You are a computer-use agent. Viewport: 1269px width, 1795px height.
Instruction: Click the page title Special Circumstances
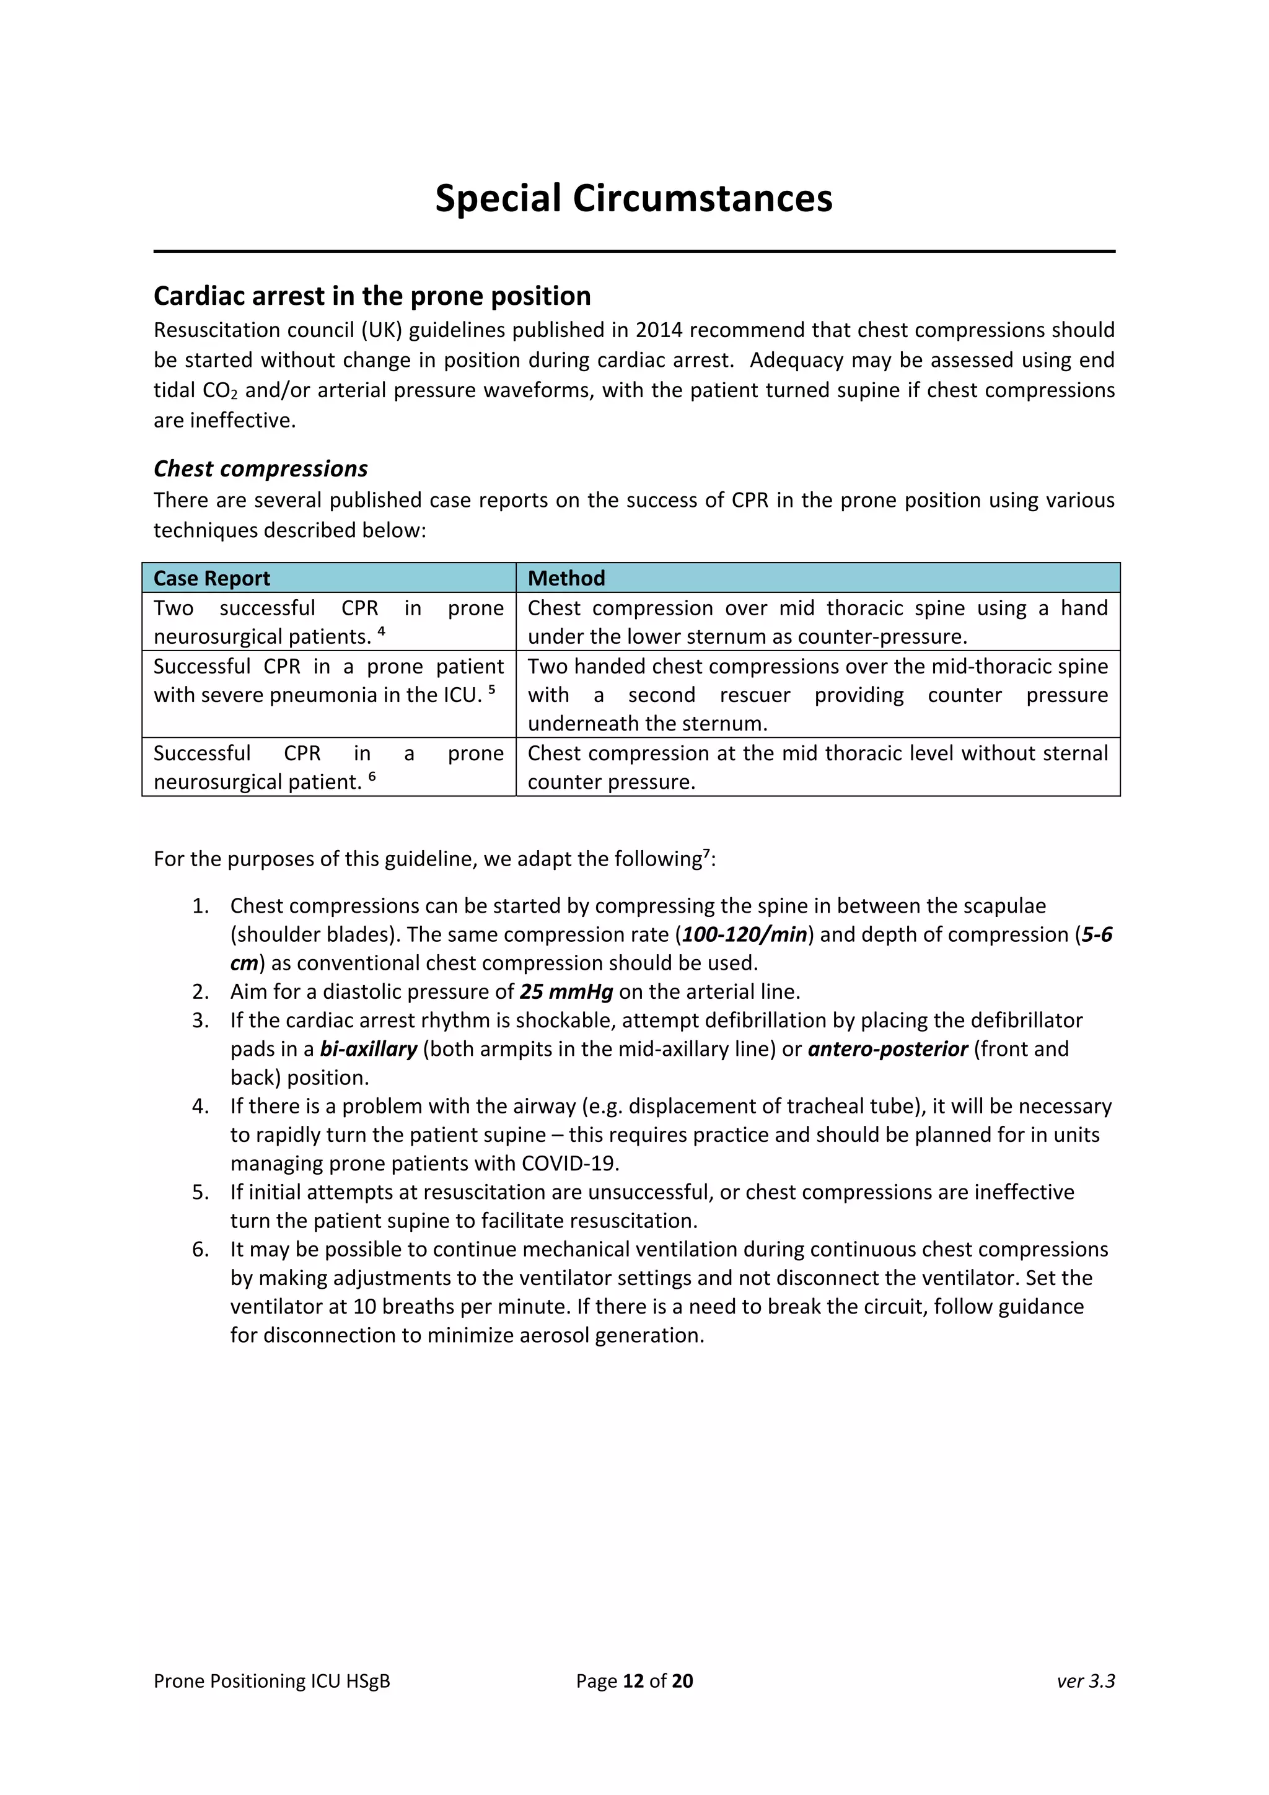(x=633, y=198)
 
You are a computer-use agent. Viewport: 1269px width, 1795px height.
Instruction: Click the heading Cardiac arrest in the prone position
(x=372, y=296)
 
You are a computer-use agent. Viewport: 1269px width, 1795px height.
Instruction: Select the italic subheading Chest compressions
(x=260, y=468)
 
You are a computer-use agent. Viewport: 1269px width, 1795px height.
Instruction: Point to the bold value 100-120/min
(x=744, y=935)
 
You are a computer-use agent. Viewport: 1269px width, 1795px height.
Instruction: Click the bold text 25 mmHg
(x=566, y=992)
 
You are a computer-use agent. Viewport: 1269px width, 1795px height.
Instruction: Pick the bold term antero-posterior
(x=887, y=1049)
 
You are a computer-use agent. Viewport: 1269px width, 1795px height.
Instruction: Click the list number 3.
(x=200, y=1020)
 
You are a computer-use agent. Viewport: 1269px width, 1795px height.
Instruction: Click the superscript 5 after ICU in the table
(x=492, y=690)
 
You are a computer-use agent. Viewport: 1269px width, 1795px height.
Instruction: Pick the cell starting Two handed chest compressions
(x=817, y=695)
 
